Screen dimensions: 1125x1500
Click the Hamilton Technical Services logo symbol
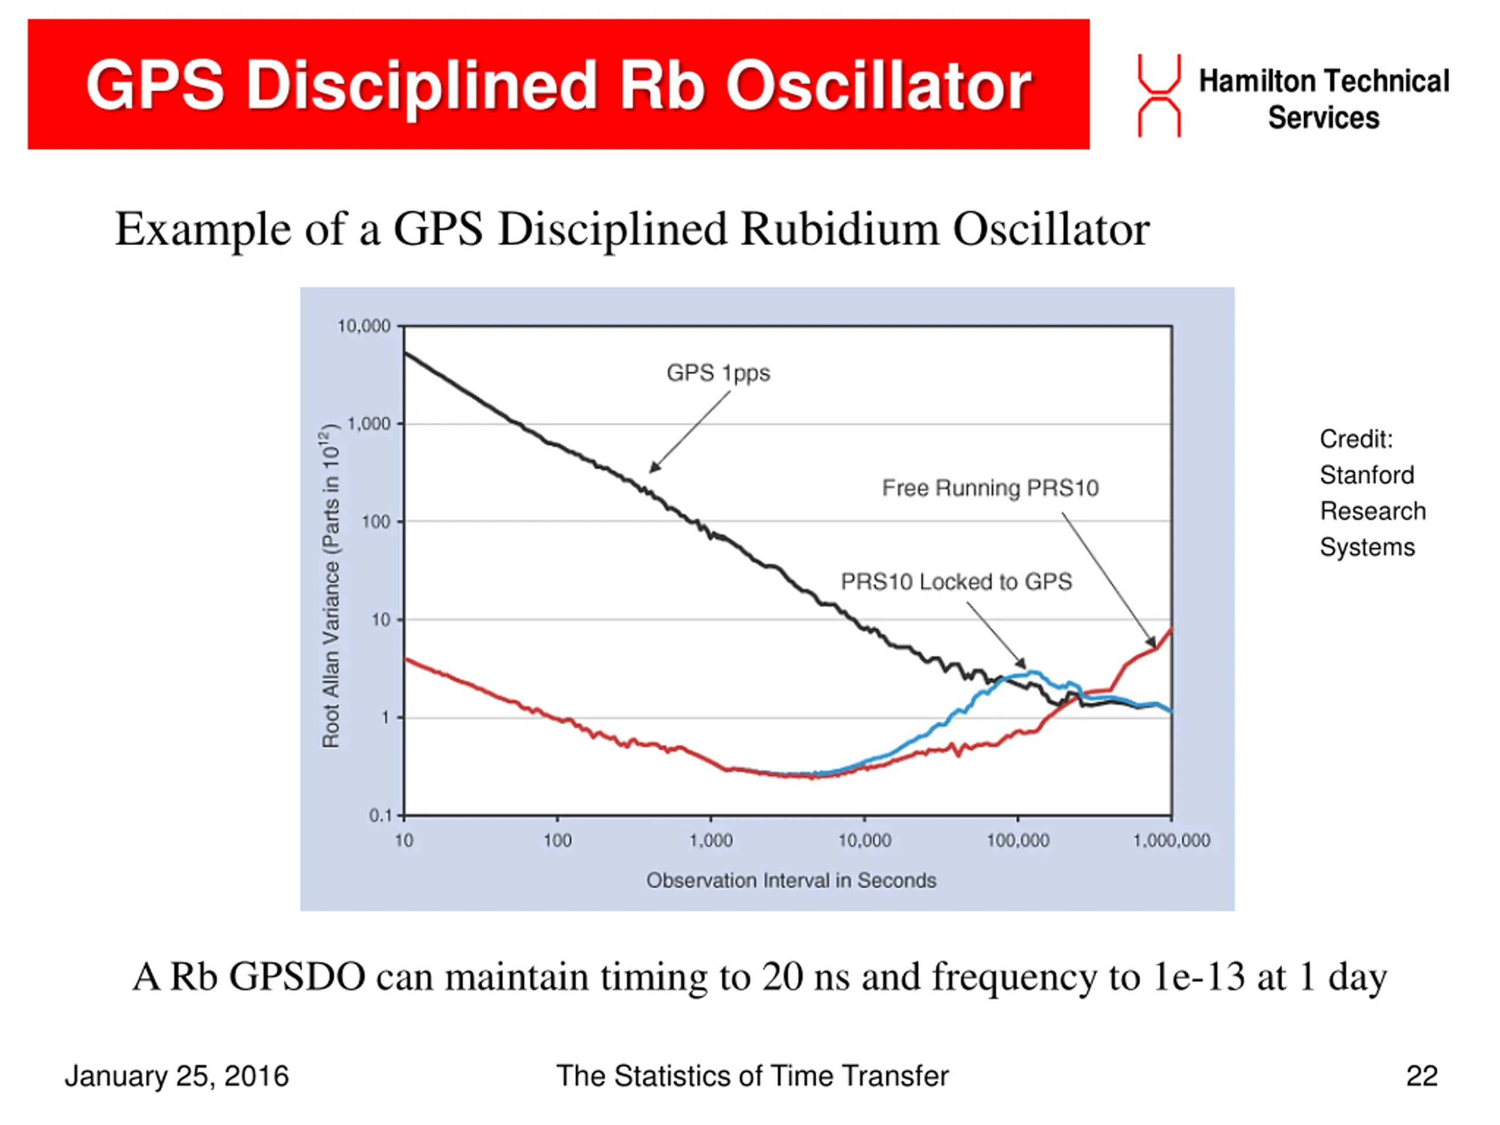[x=1158, y=96]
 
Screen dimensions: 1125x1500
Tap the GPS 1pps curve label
[x=718, y=373]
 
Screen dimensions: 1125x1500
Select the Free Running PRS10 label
[x=990, y=488]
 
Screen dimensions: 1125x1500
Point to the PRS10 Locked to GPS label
[x=956, y=582]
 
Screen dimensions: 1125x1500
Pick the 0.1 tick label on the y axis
[x=380, y=815]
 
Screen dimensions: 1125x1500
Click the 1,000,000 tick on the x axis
[x=1171, y=841]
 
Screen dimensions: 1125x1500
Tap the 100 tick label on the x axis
[x=557, y=841]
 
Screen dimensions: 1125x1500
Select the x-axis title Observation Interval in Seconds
[x=790, y=880]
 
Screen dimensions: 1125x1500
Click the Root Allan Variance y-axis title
[x=330, y=587]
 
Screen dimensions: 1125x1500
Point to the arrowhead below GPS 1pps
[x=653, y=468]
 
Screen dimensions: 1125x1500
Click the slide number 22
[x=1421, y=1076]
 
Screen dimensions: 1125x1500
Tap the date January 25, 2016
[x=177, y=1076]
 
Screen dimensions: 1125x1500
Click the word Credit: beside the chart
[x=1355, y=439]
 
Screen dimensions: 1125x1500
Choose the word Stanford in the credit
[x=1366, y=475]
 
